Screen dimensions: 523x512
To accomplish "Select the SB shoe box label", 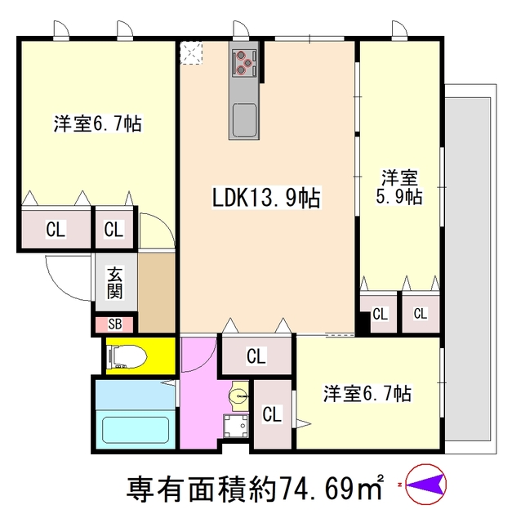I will [114, 324].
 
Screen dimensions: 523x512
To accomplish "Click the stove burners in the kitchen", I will [245, 62].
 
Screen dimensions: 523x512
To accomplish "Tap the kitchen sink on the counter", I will [244, 120].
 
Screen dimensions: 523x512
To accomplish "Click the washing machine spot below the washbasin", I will [238, 427].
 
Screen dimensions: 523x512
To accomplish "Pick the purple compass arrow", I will [424, 488].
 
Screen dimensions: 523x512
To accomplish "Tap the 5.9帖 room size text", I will [399, 197].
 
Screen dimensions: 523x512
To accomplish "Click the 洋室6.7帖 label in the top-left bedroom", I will [97, 124].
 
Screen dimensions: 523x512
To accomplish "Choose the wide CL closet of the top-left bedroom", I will [55, 230].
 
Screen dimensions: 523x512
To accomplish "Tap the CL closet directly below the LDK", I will [256, 355].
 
